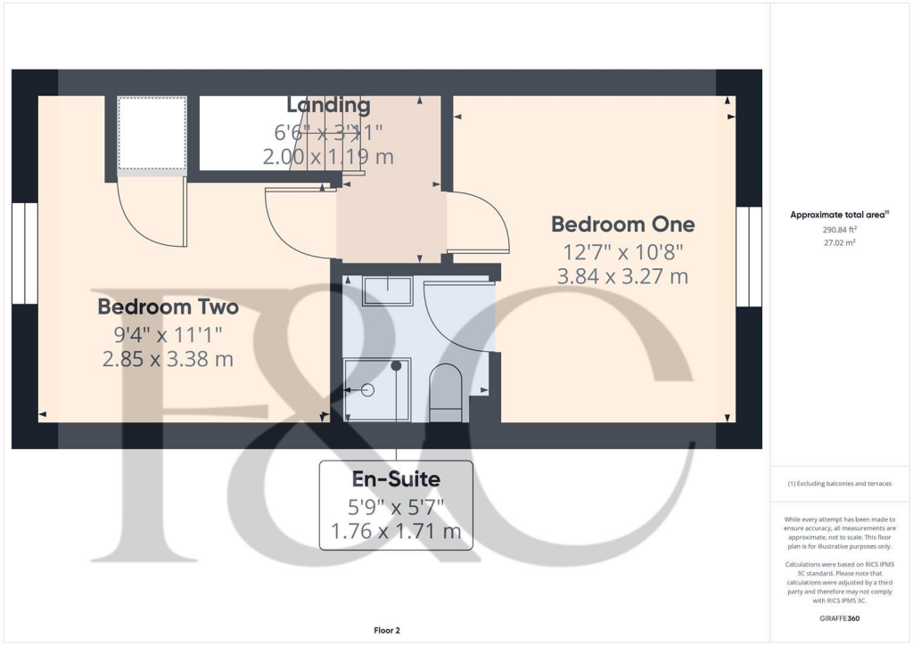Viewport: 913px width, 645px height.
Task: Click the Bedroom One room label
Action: (x=622, y=224)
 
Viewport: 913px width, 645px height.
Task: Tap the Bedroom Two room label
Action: (x=168, y=307)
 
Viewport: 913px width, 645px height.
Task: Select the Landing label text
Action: (x=328, y=105)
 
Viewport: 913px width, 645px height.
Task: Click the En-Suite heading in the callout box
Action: (x=396, y=479)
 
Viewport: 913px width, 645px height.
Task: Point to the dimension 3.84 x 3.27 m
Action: (x=622, y=276)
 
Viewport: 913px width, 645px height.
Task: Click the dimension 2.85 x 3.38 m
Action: (x=168, y=360)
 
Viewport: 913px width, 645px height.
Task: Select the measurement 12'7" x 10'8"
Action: (x=622, y=250)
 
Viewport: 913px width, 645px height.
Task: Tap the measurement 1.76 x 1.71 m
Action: (x=396, y=533)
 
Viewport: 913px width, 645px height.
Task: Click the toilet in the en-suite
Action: (x=446, y=393)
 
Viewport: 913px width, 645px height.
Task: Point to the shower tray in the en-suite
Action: (x=377, y=389)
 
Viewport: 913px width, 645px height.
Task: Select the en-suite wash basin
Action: (x=387, y=291)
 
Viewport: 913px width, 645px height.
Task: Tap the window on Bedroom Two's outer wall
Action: (x=25, y=253)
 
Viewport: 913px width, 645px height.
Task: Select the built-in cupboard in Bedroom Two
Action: (x=152, y=134)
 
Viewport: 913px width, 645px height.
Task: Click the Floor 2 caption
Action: (x=387, y=631)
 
